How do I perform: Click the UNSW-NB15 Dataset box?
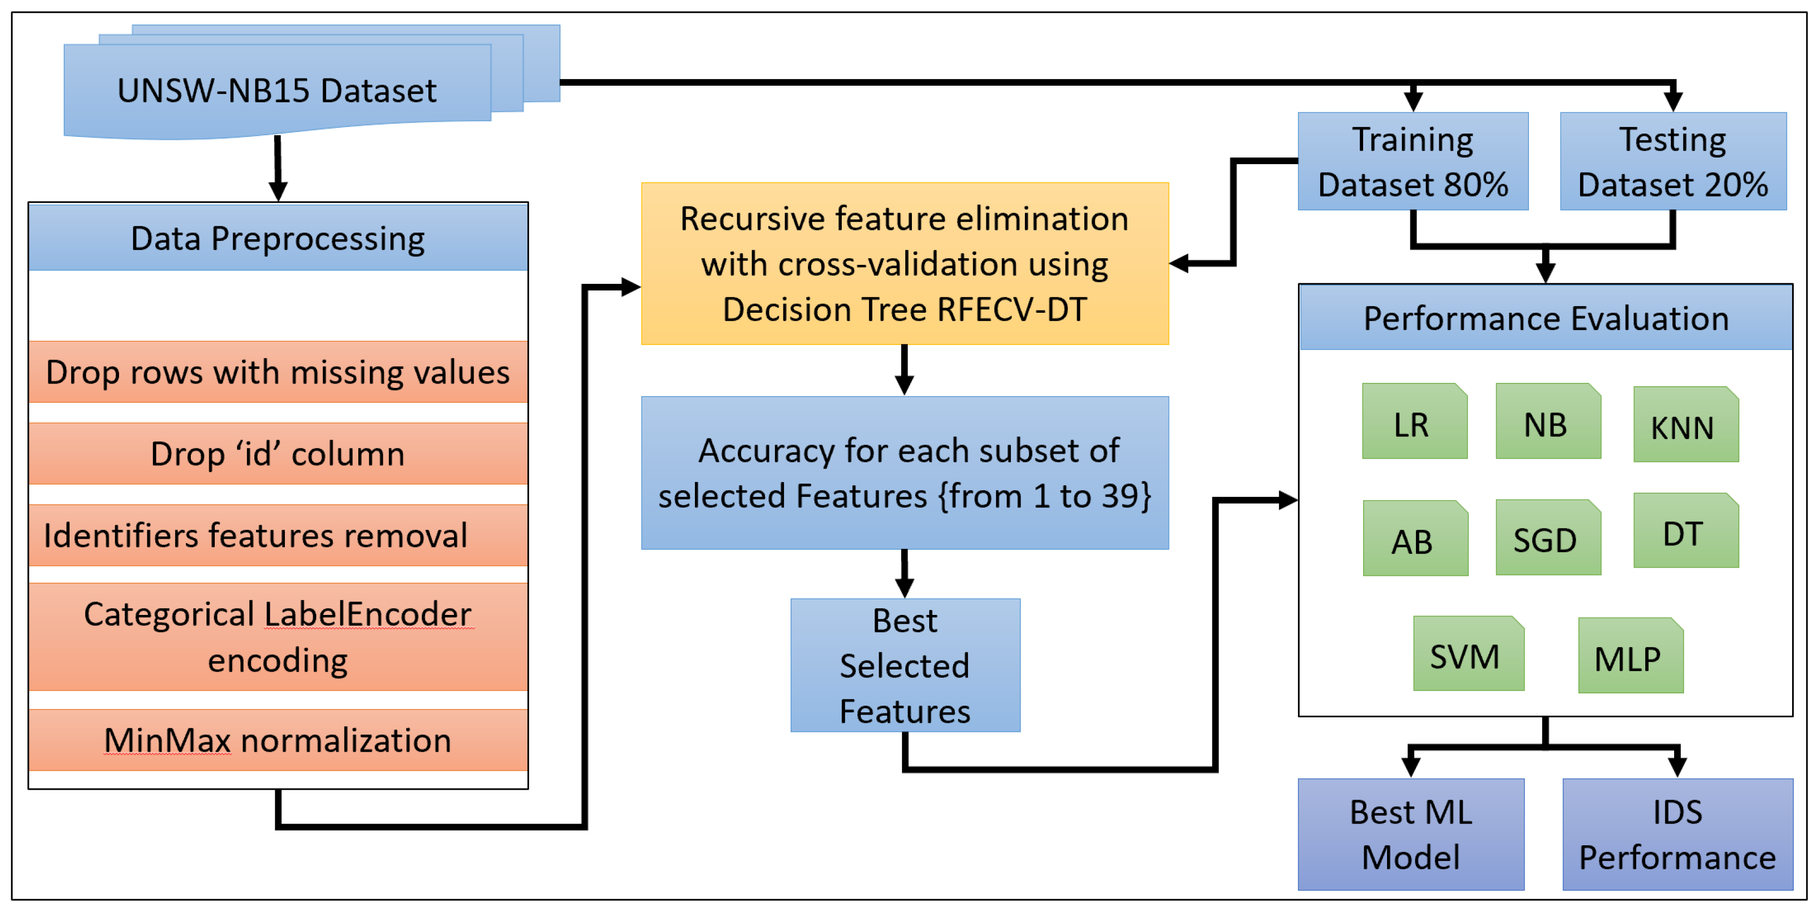coord(277,90)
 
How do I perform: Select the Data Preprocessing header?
coord(278,238)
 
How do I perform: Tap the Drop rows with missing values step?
coord(278,372)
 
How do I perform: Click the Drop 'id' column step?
coord(278,454)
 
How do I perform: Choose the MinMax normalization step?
coord(278,740)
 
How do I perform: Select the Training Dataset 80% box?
coord(1413,161)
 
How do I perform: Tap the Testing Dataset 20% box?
coord(1673,161)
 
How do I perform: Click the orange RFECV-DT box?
coord(905,264)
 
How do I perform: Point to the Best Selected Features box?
coord(905,666)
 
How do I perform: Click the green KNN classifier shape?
coord(1686,425)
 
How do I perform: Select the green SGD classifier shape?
coord(1548,539)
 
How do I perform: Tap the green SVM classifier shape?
coord(1468,654)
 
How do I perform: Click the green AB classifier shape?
coord(1415,539)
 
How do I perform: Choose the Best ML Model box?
coord(1410,834)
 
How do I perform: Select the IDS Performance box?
coord(1677,834)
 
